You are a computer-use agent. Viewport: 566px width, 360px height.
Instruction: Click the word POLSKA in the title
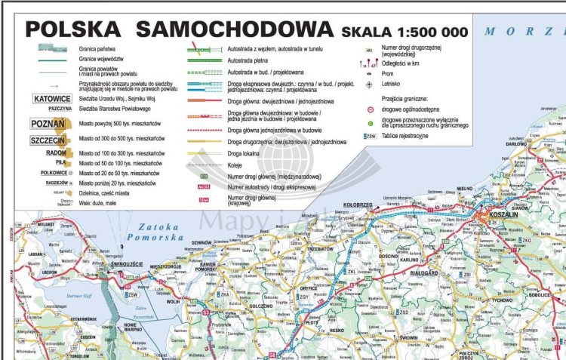[x=72, y=30]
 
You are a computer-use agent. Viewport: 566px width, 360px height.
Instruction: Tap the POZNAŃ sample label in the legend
[x=48, y=124]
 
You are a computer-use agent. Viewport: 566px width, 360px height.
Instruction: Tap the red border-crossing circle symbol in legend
[x=370, y=109]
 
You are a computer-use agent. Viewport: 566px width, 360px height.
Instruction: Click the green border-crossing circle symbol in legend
[x=370, y=122]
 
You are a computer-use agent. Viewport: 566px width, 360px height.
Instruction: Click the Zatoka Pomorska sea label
[x=158, y=232]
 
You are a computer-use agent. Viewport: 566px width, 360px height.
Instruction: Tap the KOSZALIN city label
[x=503, y=214]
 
